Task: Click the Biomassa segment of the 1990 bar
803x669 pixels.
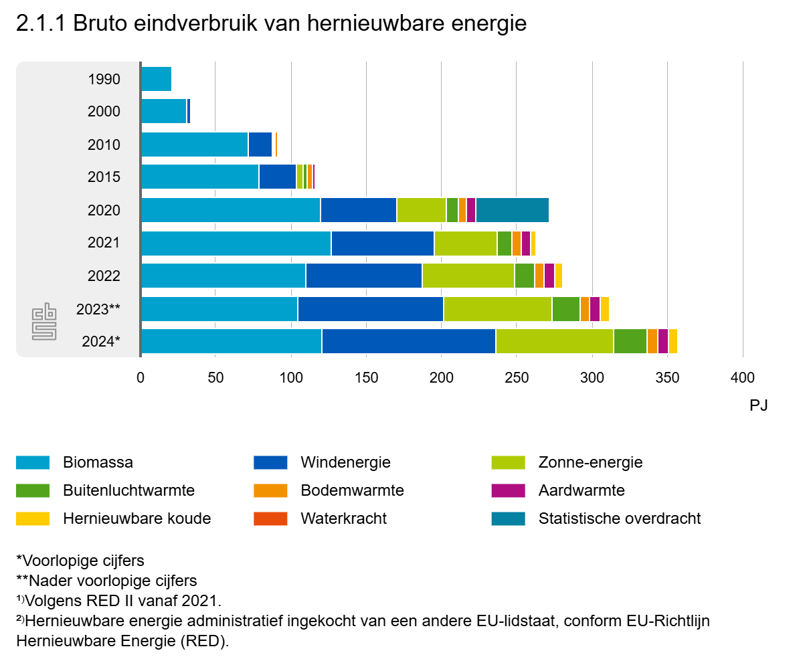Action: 156,79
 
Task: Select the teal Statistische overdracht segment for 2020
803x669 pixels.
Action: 512,210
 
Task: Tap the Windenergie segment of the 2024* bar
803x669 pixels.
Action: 408,341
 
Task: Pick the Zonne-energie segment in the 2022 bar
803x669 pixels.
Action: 468,276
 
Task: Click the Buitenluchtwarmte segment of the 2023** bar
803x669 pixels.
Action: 565,309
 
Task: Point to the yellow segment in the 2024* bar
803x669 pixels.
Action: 673,341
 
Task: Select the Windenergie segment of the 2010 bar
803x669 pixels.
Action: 260,145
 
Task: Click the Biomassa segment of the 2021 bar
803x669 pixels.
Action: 236,244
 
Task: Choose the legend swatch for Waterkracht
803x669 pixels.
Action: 270,518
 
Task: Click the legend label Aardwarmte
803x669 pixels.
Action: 581,490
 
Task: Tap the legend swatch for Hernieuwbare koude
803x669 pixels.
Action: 33,518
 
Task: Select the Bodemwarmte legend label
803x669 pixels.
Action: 352,490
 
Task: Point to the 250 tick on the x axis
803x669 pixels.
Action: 517,377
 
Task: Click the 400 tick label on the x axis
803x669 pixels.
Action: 743,377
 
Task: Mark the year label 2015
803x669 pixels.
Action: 104,177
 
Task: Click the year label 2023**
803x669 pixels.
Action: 98,309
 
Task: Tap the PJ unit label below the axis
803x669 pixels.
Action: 758,405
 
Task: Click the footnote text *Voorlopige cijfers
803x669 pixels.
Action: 80,560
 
